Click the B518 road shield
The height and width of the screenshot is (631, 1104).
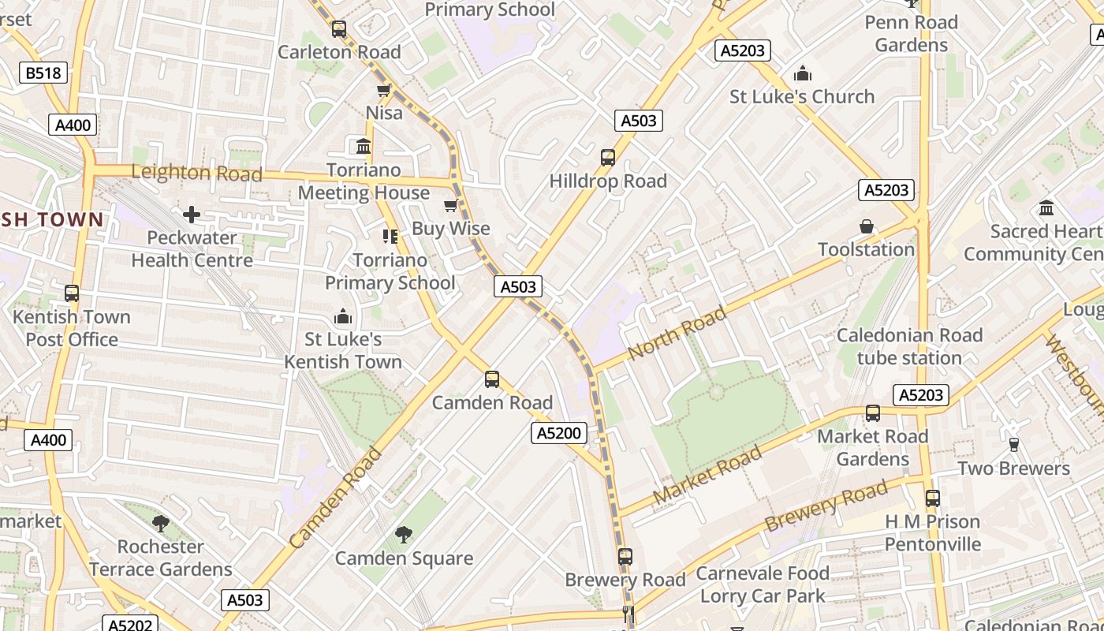[x=43, y=73]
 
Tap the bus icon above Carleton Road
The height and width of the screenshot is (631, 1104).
[x=339, y=29]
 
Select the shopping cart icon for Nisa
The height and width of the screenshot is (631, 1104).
[x=384, y=90]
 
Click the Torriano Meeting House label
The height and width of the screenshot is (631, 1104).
[x=364, y=181]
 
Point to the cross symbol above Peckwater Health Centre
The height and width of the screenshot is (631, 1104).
[x=191, y=215]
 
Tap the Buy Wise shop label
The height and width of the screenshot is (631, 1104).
[x=451, y=229]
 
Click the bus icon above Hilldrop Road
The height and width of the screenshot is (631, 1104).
[x=607, y=158]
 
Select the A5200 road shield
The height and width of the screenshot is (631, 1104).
[x=559, y=432]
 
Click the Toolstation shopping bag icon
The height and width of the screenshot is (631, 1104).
[x=867, y=227]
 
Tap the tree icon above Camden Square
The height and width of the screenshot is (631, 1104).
[x=403, y=535]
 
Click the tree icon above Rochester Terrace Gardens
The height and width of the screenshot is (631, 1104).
[x=161, y=523]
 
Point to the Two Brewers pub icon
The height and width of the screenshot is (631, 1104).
[x=1014, y=445]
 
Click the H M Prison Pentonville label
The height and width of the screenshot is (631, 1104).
[x=932, y=532]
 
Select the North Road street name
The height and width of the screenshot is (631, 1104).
[x=677, y=333]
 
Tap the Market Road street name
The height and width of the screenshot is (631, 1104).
[x=708, y=475]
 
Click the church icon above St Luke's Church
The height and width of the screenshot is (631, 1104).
[x=803, y=74]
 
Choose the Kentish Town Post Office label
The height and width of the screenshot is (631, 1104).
[x=72, y=328]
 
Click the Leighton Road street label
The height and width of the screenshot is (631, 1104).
[x=196, y=173]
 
